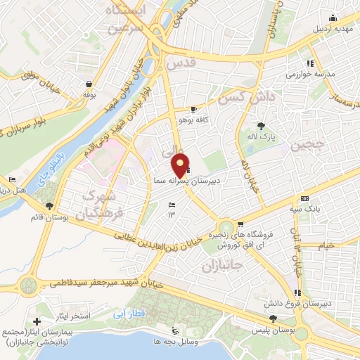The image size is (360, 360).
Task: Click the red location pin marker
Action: click(181, 165)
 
